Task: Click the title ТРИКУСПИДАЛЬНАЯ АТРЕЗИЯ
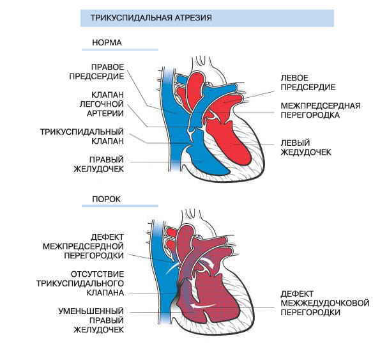pyautogui.click(x=151, y=18)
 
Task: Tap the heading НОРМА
pyautogui.click(x=107, y=43)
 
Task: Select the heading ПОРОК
pyautogui.click(x=107, y=199)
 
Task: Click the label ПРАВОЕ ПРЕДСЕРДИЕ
pyautogui.click(x=96, y=72)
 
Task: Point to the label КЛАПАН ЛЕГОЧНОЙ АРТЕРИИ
pyautogui.click(x=102, y=104)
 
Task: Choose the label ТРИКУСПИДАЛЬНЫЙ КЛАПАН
pyautogui.click(x=82, y=136)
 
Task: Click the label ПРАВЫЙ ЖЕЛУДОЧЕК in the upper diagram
pyautogui.click(x=98, y=164)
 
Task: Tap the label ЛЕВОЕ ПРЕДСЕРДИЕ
pyautogui.click(x=308, y=82)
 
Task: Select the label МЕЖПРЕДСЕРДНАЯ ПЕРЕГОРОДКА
pyautogui.click(x=321, y=111)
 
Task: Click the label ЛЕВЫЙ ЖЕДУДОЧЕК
pyautogui.click(x=306, y=148)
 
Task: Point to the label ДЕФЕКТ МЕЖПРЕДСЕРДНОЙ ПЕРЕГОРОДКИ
pyautogui.click(x=84, y=246)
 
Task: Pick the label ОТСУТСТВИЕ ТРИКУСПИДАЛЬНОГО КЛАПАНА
pyautogui.click(x=80, y=283)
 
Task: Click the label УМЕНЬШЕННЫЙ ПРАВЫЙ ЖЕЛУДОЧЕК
pyautogui.click(x=91, y=320)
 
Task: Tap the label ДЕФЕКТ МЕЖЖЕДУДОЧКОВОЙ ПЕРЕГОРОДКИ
pyautogui.click(x=325, y=303)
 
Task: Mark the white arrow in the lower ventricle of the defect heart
pyautogui.click(x=203, y=306)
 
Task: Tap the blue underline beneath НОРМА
pyautogui.click(x=120, y=50)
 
